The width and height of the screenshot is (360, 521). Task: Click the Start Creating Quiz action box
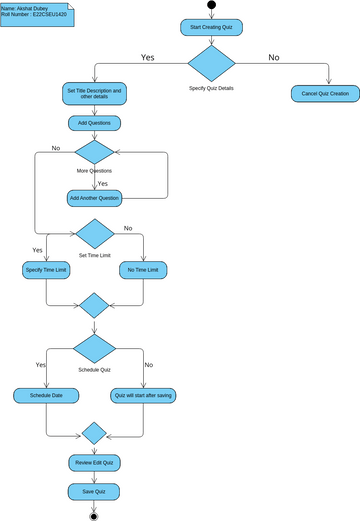[x=211, y=28]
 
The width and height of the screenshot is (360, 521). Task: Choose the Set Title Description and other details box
[x=94, y=94]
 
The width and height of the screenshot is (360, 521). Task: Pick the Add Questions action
[x=94, y=123]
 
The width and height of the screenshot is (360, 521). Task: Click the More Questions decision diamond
[x=94, y=152]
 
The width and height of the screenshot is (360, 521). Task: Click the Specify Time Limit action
[x=46, y=270]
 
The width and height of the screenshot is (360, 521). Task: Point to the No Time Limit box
[x=144, y=270]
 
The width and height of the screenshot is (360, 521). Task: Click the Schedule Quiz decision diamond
[x=95, y=350]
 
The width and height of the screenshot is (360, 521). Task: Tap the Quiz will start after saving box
[x=144, y=396]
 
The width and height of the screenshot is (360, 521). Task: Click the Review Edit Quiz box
[x=95, y=463]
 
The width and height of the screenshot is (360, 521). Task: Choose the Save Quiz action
[x=95, y=491]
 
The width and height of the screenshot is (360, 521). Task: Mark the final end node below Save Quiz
[x=95, y=515]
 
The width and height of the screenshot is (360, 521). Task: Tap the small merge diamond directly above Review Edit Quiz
[x=95, y=434]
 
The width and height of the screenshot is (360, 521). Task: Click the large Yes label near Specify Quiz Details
[x=148, y=57]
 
